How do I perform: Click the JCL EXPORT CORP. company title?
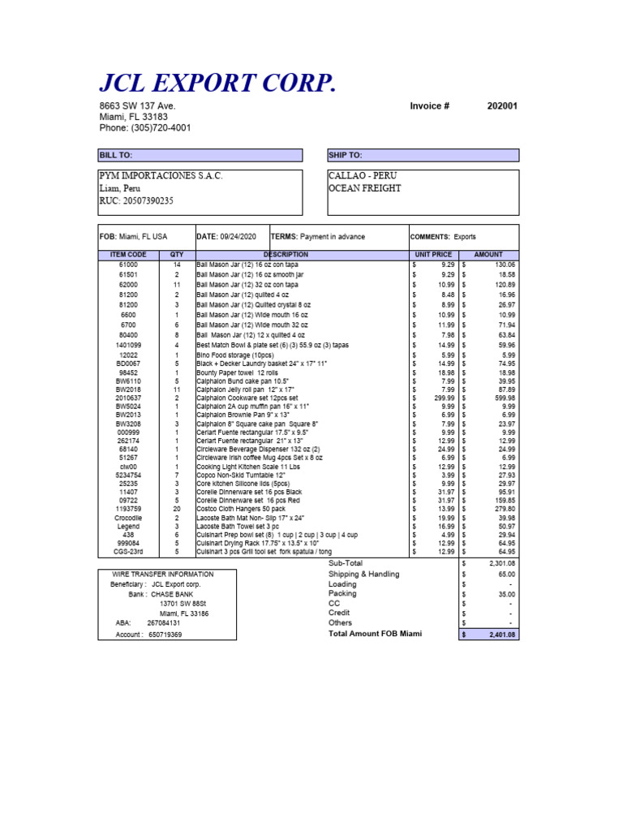point(217,83)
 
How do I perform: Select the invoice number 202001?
point(502,106)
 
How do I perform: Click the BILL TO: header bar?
point(200,155)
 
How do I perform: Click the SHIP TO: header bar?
point(422,155)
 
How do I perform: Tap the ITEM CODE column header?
point(128,254)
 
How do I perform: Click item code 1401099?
point(128,345)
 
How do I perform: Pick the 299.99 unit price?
point(443,398)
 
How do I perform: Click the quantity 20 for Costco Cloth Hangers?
point(176,509)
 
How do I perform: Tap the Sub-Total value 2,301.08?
point(502,563)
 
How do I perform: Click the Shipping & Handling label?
point(363,574)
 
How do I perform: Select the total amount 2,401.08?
point(502,634)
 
